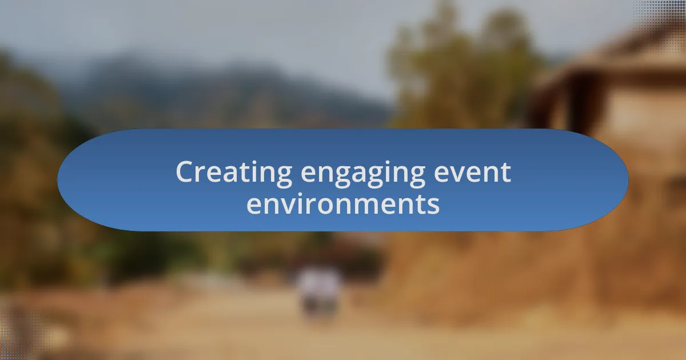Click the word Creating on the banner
pos(234,172)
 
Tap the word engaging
pos(363,174)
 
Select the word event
pos(473,173)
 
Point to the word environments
pos(343,204)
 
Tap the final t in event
pos(505,173)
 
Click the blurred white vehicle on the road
pos(320,291)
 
